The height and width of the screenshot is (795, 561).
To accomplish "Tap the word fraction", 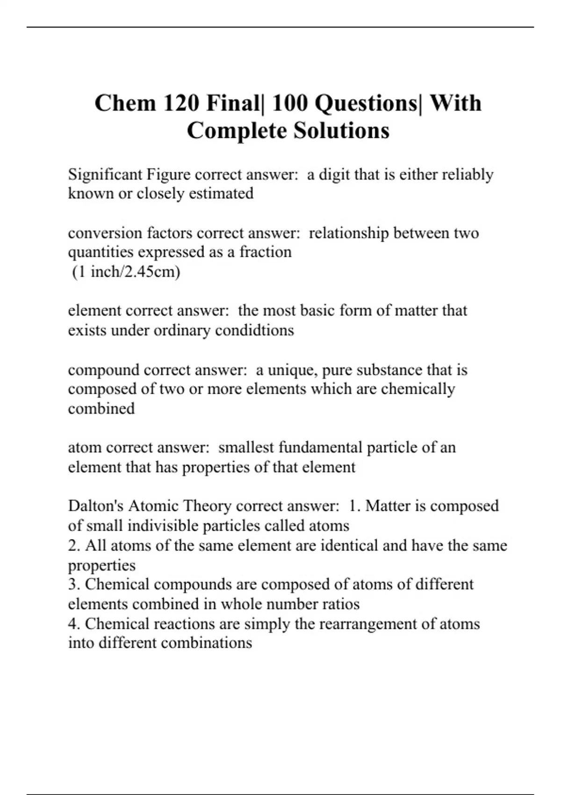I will click(x=266, y=252).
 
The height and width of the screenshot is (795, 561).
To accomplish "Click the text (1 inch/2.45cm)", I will click(x=126, y=272).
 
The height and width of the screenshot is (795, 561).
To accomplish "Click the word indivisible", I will click(x=164, y=526).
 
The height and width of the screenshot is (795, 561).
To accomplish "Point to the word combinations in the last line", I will click(x=207, y=643).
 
